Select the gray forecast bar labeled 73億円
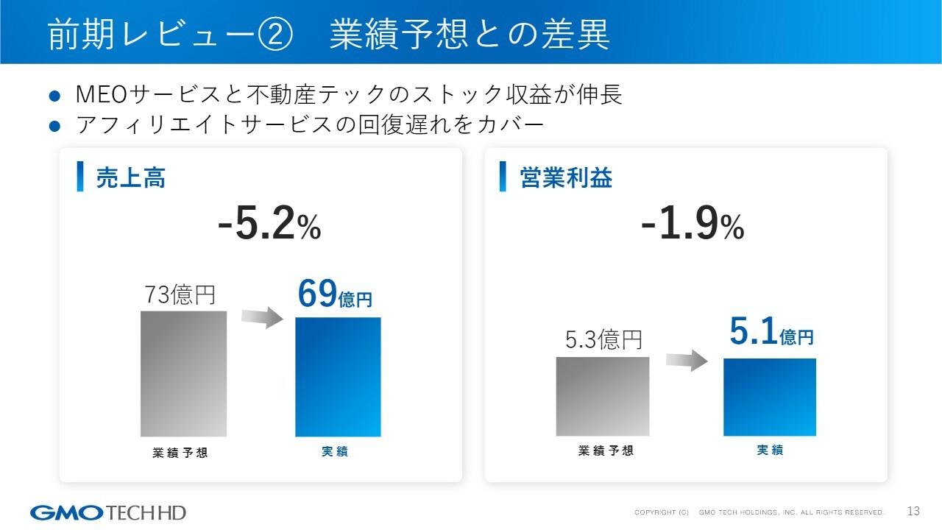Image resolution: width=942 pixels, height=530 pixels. click(x=184, y=374)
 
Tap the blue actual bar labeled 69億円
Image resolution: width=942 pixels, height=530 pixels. click(x=338, y=377)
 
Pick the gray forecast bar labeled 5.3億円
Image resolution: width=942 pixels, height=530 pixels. click(x=603, y=396)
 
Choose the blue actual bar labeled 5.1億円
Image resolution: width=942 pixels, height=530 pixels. click(x=770, y=397)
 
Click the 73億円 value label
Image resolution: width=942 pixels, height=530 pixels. click(x=180, y=295)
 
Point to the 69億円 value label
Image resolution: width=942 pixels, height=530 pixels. click(x=335, y=294)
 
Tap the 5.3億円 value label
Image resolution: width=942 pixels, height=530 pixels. click(x=603, y=339)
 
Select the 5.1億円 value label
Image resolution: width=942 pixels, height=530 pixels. click(x=771, y=333)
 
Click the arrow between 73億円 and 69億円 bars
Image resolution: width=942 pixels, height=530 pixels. click(x=262, y=317)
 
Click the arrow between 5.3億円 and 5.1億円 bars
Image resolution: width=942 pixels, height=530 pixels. click(x=687, y=360)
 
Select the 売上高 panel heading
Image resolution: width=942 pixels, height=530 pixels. click(x=131, y=178)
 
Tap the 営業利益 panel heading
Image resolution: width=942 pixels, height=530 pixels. click(x=566, y=178)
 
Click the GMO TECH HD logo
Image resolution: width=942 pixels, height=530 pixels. click(x=108, y=512)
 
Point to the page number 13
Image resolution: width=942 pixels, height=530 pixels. click(x=914, y=512)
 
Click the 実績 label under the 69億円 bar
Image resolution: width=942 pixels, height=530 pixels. click(x=335, y=452)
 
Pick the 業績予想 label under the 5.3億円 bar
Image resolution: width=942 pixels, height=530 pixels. click(x=606, y=451)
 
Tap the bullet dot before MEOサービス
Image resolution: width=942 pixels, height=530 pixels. click(x=53, y=96)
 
